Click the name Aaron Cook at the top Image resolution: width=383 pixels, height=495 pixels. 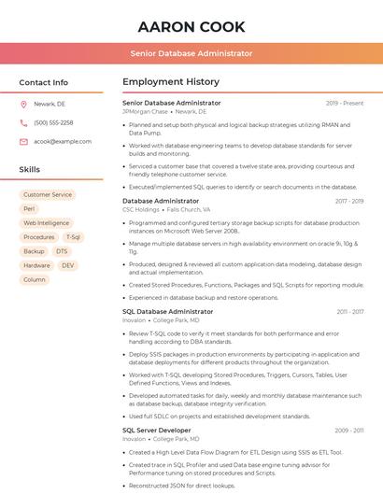[x=191, y=26]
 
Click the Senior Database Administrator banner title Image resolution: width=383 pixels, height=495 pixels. [x=191, y=53]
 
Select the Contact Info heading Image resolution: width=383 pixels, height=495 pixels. [x=43, y=82]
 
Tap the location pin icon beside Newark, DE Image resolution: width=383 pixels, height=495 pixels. [x=23, y=105]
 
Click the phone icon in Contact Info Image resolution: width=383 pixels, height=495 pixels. [x=23, y=122]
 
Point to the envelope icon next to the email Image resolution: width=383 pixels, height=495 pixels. [x=23, y=141]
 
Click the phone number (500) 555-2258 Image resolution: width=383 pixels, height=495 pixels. [x=53, y=122]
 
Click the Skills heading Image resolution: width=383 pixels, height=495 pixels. [x=30, y=170]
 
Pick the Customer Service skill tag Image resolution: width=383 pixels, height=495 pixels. [x=48, y=195]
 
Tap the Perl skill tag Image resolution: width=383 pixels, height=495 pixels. [x=29, y=209]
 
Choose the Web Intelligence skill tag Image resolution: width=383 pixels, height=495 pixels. [x=46, y=223]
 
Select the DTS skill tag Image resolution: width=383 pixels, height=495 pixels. [x=62, y=251]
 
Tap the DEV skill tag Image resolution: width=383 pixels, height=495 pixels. [x=68, y=265]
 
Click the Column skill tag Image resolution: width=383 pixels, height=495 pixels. [x=34, y=279]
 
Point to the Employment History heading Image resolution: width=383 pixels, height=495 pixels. [x=171, y=82]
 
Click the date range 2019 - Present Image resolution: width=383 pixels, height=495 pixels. [x=345, y=103]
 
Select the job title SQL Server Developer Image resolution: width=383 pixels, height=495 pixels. [x=156, y=430]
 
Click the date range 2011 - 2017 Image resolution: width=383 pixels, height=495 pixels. [x=350, y=311]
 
